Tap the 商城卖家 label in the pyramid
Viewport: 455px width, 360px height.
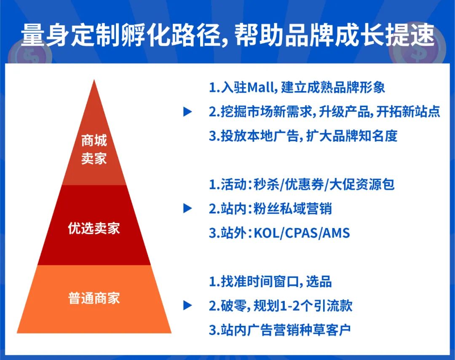[x=94, y=150]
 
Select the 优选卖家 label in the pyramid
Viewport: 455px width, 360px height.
[x=94, y=228]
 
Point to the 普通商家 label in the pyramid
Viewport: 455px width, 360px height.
[x=94, y=298]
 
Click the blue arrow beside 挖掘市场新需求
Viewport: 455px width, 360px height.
[x=187, y=112]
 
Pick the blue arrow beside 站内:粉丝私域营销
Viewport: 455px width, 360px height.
[x=187, y=208]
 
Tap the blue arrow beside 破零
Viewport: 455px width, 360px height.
[x=187, y=306]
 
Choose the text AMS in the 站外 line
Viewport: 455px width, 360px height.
[x=337, y=233]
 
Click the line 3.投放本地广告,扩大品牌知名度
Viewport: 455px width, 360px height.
[x=303, y=136]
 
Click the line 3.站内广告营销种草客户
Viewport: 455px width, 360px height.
[x=280, y=330]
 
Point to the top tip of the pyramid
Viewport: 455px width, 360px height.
[x=94, y=81]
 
